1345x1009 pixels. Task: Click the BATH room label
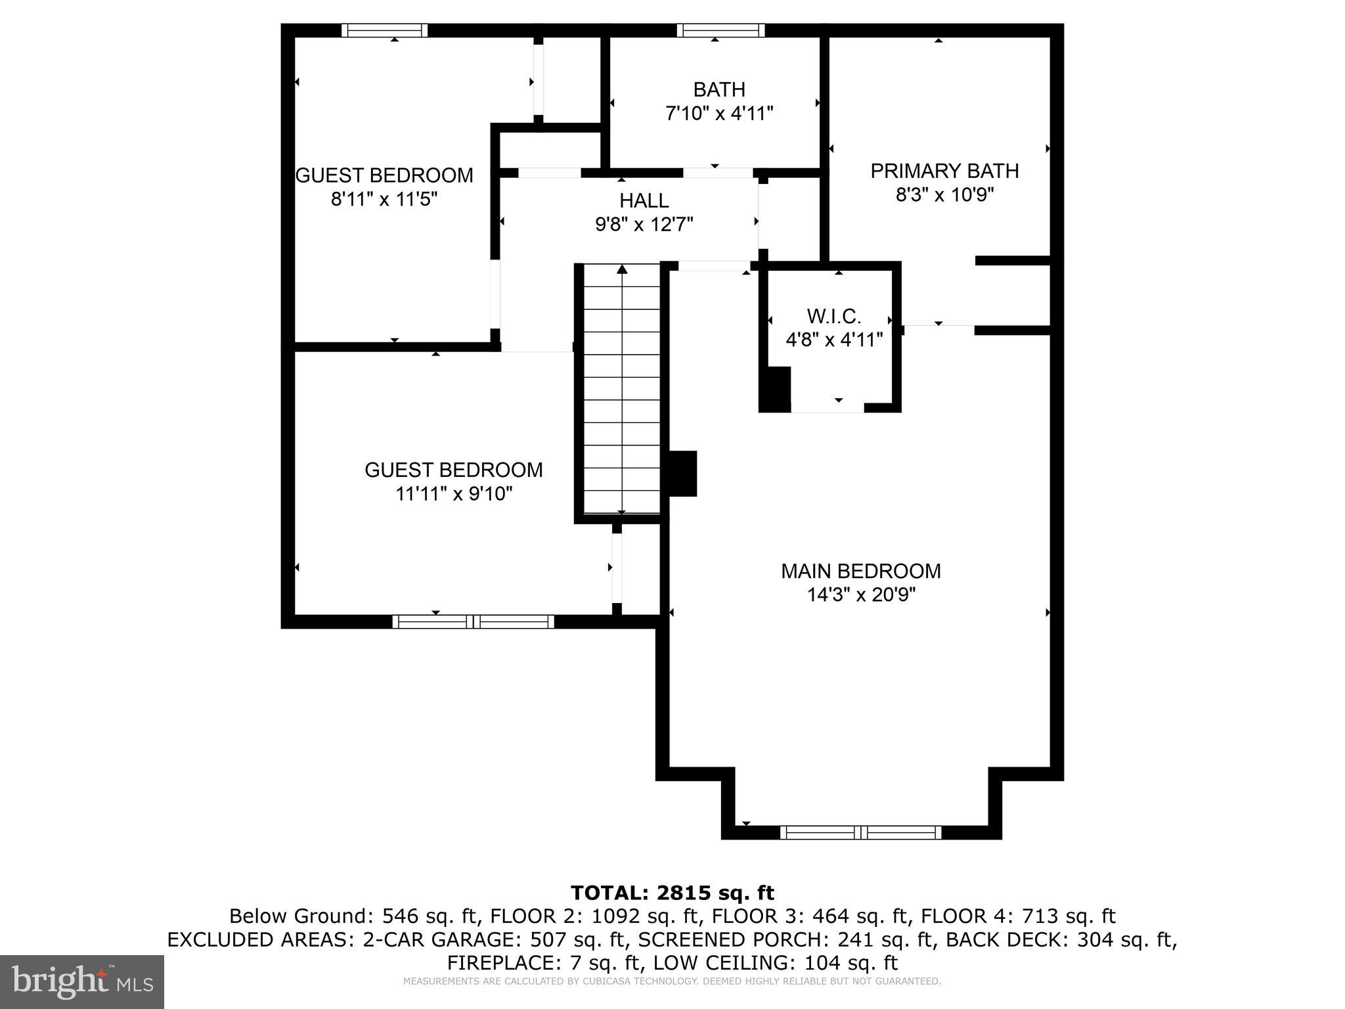[719, 89]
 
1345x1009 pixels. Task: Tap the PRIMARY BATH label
[944, 171]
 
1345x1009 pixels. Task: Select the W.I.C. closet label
[833, 317]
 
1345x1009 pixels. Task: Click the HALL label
[644, 200]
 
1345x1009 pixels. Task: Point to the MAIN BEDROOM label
[860, 571]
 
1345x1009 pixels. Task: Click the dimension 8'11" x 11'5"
[384, 199]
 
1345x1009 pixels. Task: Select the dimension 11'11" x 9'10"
[454, 493]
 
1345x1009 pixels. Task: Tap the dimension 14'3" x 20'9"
[861, 594]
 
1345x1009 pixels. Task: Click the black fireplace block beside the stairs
[683, 473]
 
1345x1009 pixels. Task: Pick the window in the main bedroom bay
[860, 832]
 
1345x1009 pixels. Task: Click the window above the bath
[720, 30]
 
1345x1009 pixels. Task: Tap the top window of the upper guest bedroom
[385, 30]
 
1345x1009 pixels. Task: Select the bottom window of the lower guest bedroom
[473, 621]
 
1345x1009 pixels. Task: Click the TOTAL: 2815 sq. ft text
[672, 893]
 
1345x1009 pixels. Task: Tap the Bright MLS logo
[82, 981]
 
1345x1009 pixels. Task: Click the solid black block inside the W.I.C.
[776, 390]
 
